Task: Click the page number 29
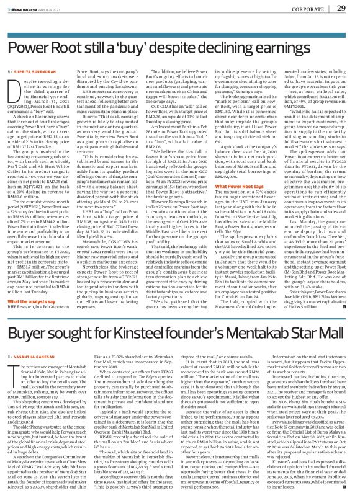click(341, 7)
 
